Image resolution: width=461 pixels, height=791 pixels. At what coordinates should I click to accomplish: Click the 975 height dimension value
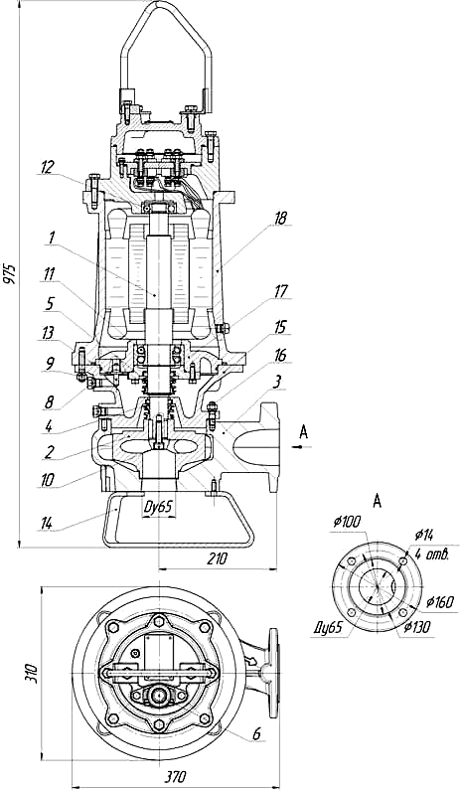click(x=12, y=273)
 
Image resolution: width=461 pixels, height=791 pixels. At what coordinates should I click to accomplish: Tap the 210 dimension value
click(x=218, y=558)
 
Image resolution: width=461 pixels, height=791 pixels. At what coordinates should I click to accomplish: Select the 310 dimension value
click(x=32, y=674)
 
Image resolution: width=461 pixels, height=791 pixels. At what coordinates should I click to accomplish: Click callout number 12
click(x=47, y=168)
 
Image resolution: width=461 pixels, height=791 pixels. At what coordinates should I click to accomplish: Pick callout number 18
click(x=280, y=219)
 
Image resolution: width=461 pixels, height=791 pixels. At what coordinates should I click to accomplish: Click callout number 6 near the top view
click(x=256, y=734)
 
